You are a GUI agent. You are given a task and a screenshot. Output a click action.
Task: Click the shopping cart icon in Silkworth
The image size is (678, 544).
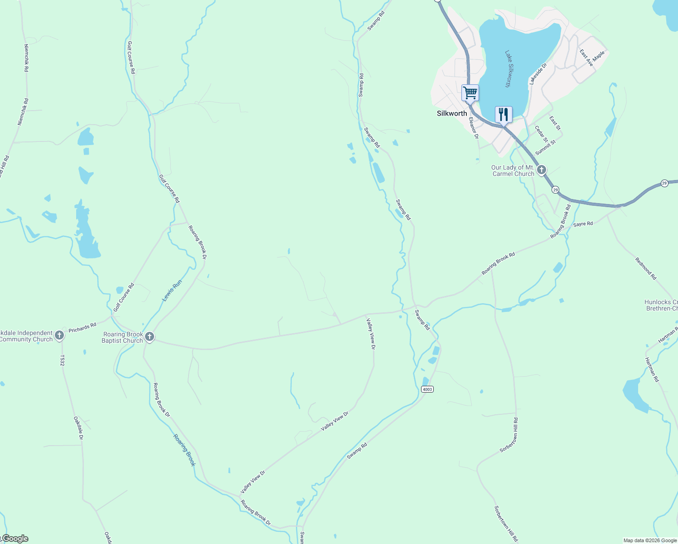coord(470,93)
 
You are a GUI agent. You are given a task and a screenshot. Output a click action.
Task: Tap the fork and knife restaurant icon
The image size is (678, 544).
coord(504,114)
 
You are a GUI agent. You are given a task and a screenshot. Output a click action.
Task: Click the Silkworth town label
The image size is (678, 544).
coord(451,113)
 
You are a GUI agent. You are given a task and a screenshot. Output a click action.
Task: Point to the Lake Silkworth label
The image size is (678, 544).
coord(510,68)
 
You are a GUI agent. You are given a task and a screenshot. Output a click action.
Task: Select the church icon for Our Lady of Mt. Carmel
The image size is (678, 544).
coord(541,170)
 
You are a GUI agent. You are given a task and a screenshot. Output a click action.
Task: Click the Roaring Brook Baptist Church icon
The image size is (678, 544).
coord(150,337)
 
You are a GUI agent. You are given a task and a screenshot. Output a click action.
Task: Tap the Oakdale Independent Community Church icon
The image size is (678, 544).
coord(59,336)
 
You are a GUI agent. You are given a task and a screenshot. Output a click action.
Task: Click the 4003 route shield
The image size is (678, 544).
coord(427,389)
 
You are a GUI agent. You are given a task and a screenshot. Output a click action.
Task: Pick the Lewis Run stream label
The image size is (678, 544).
coord(172,291)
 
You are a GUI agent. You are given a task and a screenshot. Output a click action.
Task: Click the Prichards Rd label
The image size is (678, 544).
coord(82,327)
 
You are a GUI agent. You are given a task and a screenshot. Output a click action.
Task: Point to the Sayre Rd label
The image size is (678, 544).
coord(583,224)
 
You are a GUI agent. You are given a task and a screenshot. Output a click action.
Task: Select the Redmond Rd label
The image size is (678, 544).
coord(646,268)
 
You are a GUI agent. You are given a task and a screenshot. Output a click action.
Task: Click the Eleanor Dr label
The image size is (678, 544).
coord(474,128)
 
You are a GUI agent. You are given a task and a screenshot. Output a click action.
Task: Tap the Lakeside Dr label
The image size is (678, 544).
coord(538,74)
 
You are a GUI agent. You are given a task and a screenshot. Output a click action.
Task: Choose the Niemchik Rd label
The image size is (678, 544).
coord(26,58)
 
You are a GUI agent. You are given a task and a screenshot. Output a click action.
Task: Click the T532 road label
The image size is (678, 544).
coord(62,360)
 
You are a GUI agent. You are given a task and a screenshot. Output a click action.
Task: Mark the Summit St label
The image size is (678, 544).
coord(545,147)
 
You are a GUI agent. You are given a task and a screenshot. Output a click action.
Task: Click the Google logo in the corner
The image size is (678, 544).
coord(15,539)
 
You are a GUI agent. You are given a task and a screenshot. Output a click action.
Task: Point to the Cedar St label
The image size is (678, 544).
coord(541,134)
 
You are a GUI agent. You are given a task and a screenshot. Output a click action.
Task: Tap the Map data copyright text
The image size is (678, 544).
coord(650,540)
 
